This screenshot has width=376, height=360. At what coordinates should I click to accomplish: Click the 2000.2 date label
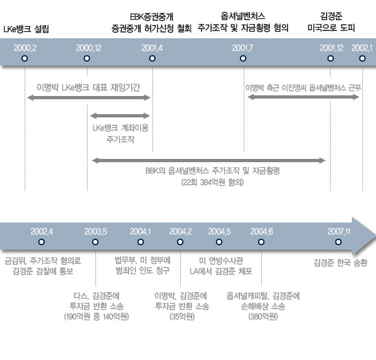(25, 48)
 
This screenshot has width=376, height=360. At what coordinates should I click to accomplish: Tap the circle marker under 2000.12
(87, 58)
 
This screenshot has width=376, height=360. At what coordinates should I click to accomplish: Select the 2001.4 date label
(152, 48)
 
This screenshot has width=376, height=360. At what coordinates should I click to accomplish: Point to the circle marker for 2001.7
(243, 58)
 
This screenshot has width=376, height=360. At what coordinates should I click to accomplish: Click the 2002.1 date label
(362, 48)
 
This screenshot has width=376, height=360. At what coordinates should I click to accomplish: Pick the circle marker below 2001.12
(331, 58)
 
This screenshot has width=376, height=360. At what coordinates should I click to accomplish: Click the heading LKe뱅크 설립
(26, 29)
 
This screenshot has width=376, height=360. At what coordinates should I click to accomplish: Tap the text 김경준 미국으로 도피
(331, 22)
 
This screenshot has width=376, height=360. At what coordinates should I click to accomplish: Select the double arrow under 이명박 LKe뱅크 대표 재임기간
(89, 97)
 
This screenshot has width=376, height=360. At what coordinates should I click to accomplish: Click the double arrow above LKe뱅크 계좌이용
(120, 115)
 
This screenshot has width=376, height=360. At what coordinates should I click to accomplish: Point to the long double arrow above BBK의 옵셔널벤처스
(209, 160)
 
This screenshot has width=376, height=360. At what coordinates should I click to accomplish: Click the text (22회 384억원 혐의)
(213, 182)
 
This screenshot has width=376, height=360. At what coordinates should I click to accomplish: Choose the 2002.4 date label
(41, 232)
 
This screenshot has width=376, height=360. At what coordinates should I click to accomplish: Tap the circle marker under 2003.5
(95, 242)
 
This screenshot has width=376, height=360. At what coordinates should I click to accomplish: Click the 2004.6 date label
(262, 232)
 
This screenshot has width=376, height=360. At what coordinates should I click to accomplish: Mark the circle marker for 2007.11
(338, 242)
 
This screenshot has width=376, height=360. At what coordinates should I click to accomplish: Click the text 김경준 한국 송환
(340, 263)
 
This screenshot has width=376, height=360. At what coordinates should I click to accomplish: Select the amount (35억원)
(182, 317)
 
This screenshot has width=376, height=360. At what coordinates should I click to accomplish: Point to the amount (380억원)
(263, 317)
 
